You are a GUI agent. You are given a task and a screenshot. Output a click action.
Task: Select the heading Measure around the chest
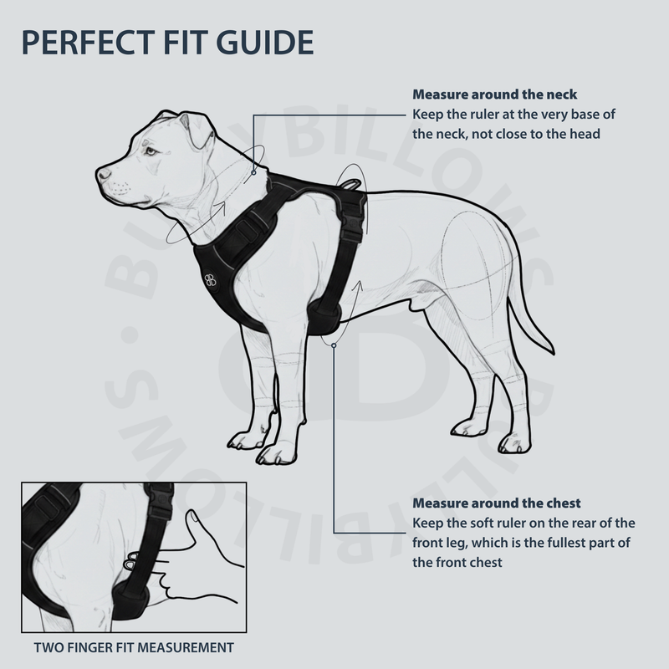[x=497, y=503]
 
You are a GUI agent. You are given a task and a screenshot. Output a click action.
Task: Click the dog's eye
[x=151, y=151]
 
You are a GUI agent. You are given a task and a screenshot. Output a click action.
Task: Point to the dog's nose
[x=102, y=174]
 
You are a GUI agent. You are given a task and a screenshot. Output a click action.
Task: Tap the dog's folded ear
[x=199, y=128]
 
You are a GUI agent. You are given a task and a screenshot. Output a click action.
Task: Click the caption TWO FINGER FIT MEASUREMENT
[x=134, y=647]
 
